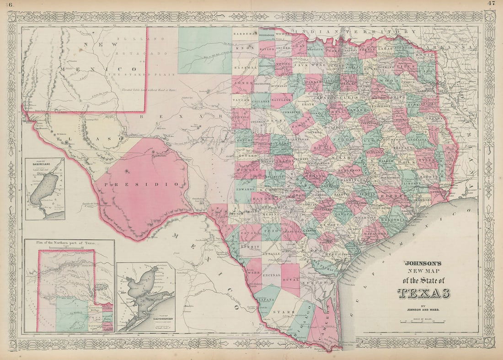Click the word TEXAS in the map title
[423, 293]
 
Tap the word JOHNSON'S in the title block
[421, 263]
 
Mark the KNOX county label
[243, 48]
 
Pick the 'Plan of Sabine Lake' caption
[44, 161]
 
